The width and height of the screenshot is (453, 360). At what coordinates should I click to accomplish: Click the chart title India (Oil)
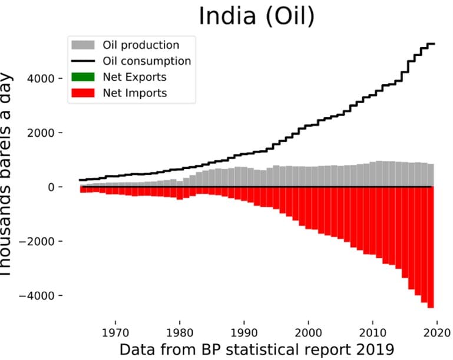(256, 16)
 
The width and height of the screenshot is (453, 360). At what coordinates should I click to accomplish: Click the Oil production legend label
(141, 45)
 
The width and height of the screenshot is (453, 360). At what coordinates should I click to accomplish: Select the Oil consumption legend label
(147, 61)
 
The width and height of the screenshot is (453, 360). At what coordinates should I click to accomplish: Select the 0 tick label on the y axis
(51, 187)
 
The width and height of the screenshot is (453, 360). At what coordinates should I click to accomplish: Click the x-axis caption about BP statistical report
(256, 349)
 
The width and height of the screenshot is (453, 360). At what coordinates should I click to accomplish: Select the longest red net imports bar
(431, 247)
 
